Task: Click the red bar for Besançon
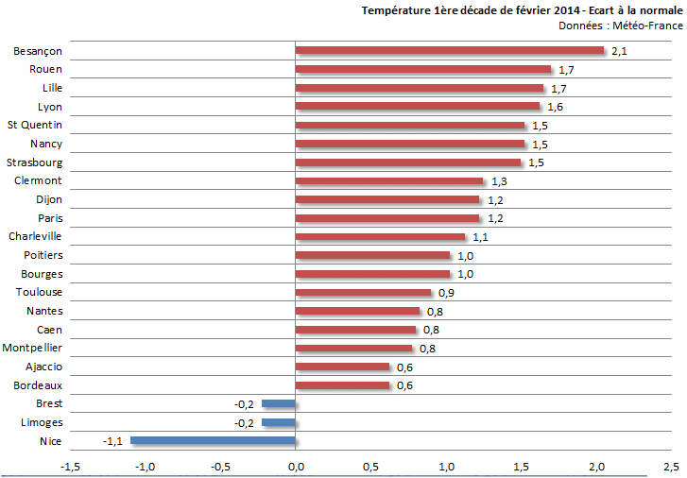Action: (x=449, y=50)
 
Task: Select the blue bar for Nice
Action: (x=213, y=440)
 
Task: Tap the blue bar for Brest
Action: (x=279, y=403)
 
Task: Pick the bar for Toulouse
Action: (x=363, y=292)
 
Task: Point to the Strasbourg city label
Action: (x=36, y=162)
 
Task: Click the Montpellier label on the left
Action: (x=33, y=348)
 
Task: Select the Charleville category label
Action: (x=35, y=236)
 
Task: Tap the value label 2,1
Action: (x=620, y=51)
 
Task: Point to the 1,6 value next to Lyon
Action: (x=555, y=107)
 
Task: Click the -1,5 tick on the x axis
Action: (x=69, y=467)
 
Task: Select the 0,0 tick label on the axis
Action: (x=296, y=467)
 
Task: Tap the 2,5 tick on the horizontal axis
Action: (x=671, y=467)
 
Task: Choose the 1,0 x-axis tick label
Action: (x=446, y=467)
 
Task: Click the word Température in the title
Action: (x=396, y=10)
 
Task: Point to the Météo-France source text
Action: (x=647, y=26)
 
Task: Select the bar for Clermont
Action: (x=389, y=180)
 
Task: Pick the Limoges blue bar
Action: (x=279, y=422)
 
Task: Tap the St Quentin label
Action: (x=35, y=125)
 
